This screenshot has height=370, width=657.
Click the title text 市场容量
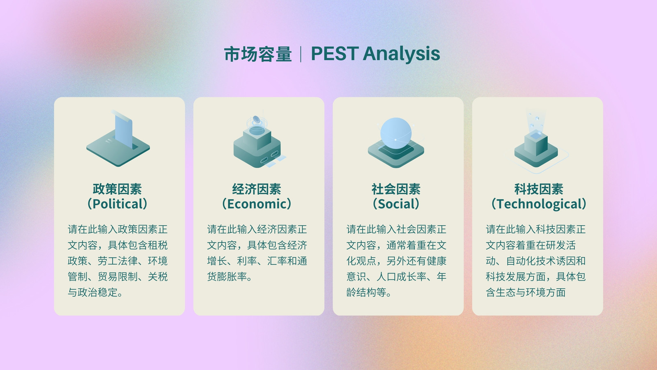(x=258, y=54)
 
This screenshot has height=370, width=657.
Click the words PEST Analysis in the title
(x=375, y=54)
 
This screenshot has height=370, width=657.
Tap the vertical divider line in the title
(x=301, y=54)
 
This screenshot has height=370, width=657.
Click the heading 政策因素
(x=117, y=189)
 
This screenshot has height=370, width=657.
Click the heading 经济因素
(x=257, y=189)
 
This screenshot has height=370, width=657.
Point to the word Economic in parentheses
(x=257, y=204)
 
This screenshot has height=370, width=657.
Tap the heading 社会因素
(x=396, y=189)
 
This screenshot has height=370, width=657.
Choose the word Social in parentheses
(x=396, y=204)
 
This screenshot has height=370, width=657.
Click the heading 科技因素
(x=539, y=189)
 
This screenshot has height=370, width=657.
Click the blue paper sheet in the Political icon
(x=124, y=131)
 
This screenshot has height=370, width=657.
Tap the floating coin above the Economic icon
(x=256, y=119)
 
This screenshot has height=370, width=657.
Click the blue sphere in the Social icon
(x=396, y=133)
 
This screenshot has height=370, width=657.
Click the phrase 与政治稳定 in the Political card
(x=92, y=292)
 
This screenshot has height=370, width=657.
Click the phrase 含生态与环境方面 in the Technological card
(x=526, y=292)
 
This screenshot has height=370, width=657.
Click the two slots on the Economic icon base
(x=269, y=157)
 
